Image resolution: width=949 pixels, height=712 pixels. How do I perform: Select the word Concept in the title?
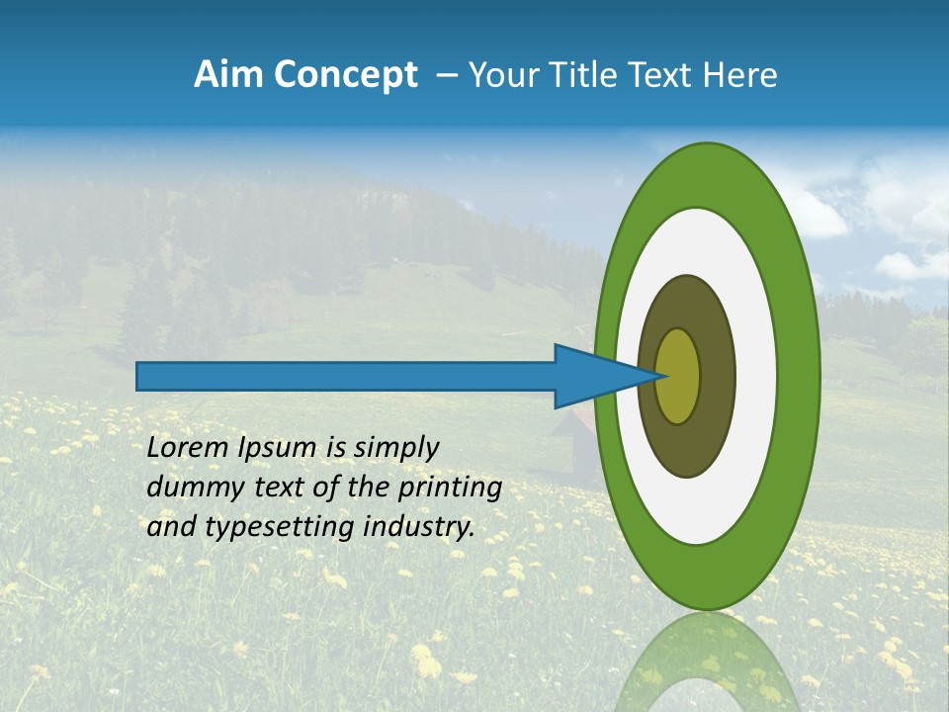pyautogui.click(x=346, y=75)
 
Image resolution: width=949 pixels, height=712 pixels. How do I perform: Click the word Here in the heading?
pyautogui.click(x=739, y=75)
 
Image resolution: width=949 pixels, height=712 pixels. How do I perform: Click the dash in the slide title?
pyautogui.click(x=446, y=75)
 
